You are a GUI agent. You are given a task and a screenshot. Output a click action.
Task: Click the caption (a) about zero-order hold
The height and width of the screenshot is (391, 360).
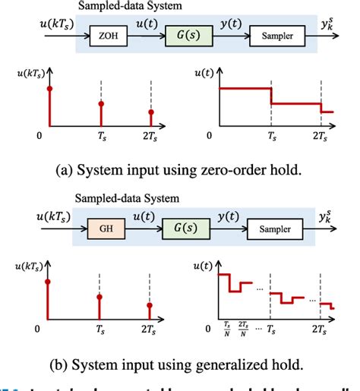tap(179, 169)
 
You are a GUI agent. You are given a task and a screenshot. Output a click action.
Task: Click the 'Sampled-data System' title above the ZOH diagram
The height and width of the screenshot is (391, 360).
tap(128, 6)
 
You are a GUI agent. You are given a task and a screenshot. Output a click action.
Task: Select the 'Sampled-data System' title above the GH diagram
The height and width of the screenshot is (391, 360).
tap(128, 198)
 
